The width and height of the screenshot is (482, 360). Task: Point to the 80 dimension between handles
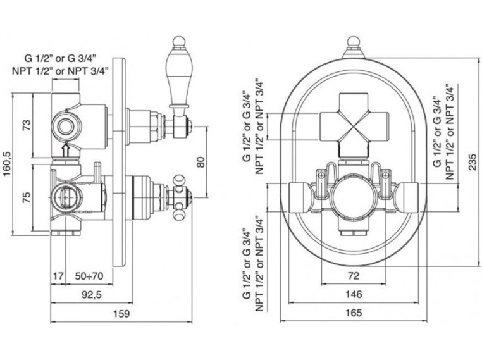tap(202, 162)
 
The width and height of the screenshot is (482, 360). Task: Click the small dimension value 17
tap(58, 276)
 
